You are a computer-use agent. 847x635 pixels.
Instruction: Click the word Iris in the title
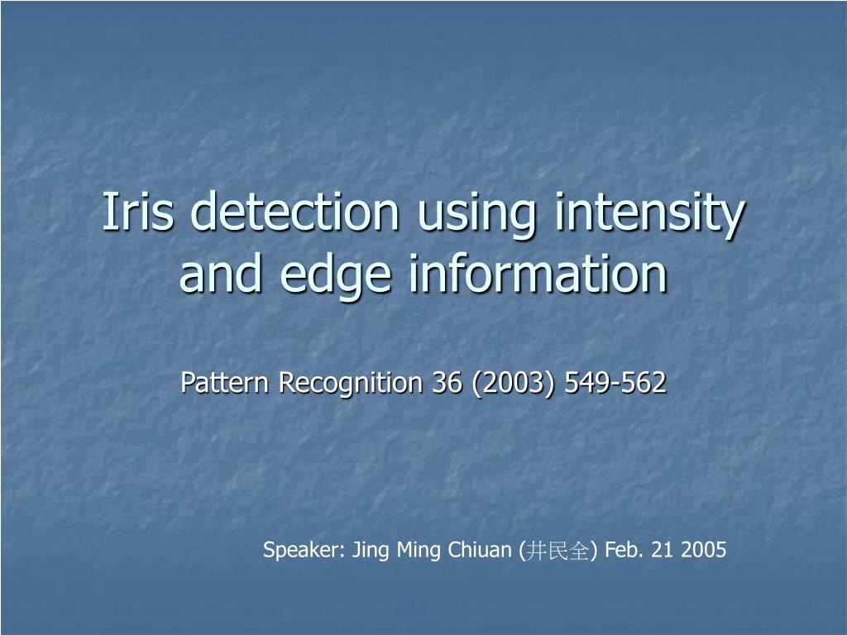point(138,211)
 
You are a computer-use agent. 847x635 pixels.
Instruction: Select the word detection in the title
point(295,211)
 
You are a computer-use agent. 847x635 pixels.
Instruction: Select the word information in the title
point(538,273)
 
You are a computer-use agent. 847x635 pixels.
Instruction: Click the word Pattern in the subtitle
point(225,382)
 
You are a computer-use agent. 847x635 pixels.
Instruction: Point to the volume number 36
point(447,382)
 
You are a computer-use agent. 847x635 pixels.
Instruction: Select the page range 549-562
point(615,382)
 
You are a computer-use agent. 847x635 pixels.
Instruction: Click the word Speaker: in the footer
point(304,550)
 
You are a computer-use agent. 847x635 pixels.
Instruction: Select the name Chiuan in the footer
point(480,550)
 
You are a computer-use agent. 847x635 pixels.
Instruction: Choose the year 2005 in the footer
point(704,550)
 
